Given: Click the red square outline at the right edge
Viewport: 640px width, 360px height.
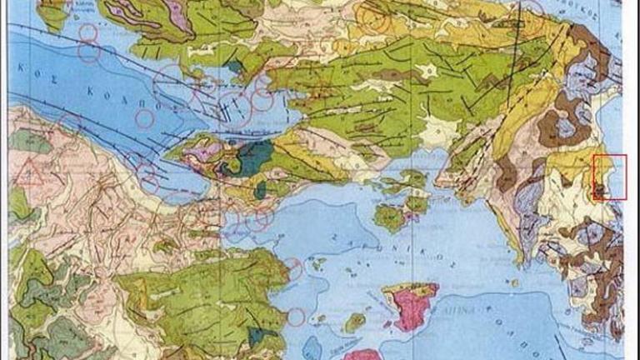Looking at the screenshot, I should point(609,177).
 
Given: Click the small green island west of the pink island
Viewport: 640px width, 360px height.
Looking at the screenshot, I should point(356,322).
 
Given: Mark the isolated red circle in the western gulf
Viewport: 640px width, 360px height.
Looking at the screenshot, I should point(144,118).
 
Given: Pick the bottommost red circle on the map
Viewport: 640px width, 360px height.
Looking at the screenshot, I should point(296,317).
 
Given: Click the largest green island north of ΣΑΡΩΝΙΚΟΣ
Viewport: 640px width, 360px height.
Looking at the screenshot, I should point(389,217).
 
